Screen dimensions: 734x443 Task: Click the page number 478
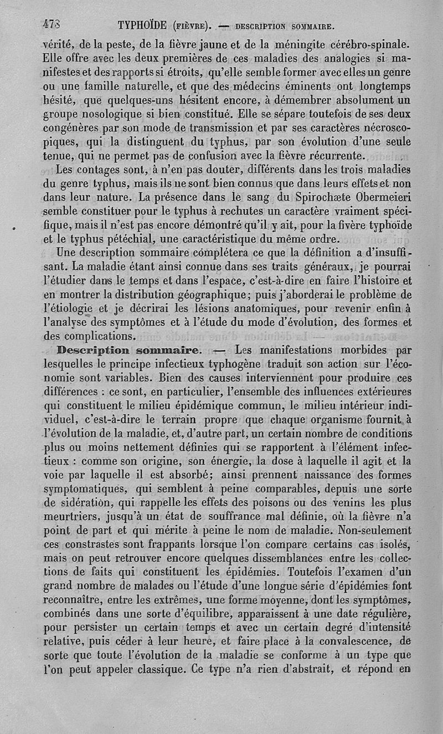51,24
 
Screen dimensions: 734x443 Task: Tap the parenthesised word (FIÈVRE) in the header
191,25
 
